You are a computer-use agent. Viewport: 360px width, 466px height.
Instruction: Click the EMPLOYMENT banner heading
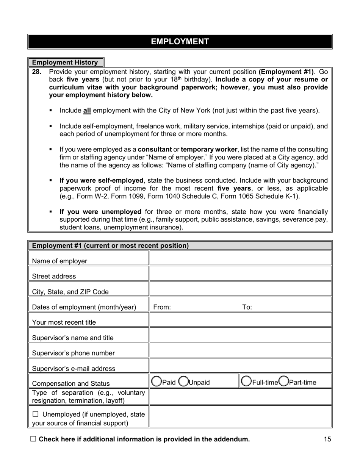click(x=180, y=42)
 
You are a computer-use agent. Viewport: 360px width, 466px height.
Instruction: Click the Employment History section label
click(x=65, y=63)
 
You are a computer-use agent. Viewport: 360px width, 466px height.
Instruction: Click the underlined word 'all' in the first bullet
click(x=87, y=111)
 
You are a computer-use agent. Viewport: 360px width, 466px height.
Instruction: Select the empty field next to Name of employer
click(x=241, y=258)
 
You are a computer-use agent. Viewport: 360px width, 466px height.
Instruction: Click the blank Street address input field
click(x=241, y=274)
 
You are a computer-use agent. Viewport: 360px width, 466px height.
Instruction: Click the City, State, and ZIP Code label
click(x=70, y=292)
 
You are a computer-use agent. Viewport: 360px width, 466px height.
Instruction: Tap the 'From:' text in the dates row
click(x=162, y=307)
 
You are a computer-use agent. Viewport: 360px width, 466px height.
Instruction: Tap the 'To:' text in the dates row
click(x=247, y=307)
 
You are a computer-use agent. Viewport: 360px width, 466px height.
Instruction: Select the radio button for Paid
click(x=156, y=382)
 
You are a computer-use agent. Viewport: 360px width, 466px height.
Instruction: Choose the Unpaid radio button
click(x=183, y=382)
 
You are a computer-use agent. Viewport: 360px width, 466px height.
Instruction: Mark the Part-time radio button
click(x=283, y=382)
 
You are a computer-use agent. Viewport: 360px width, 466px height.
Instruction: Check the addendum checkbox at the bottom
click(x=33, y=439)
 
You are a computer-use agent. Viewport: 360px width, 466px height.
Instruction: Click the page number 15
click(x=327, y=439)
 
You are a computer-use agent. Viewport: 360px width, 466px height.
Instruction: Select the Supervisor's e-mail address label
click(x=74, y=368)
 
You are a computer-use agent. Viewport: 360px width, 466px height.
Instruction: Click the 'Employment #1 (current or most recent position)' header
click(x=110, y=246)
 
